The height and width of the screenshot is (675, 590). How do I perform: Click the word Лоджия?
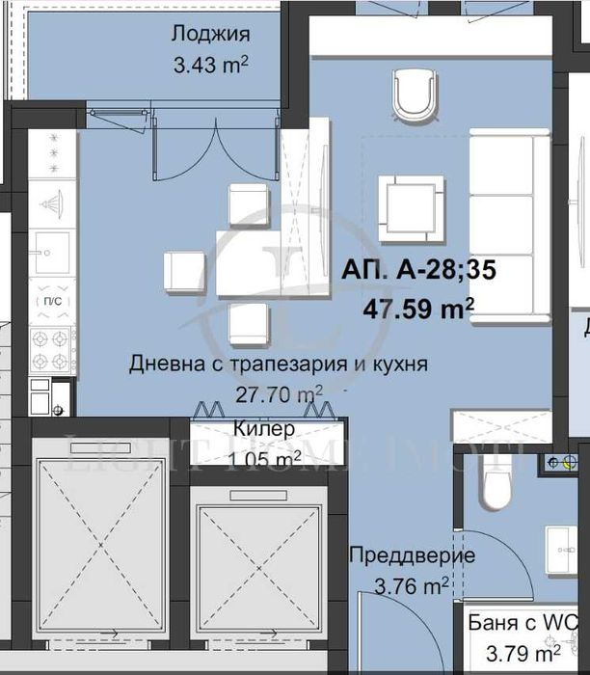coord(210,35)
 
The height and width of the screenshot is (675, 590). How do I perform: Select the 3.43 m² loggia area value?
coord(210,67)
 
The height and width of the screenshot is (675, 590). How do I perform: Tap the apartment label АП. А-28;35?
coord(417,272)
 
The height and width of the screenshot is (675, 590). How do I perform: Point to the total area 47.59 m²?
coord(418,310)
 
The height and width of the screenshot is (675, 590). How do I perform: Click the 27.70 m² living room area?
coord(280,393)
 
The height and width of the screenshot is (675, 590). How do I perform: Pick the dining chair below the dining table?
coord(249,322)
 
